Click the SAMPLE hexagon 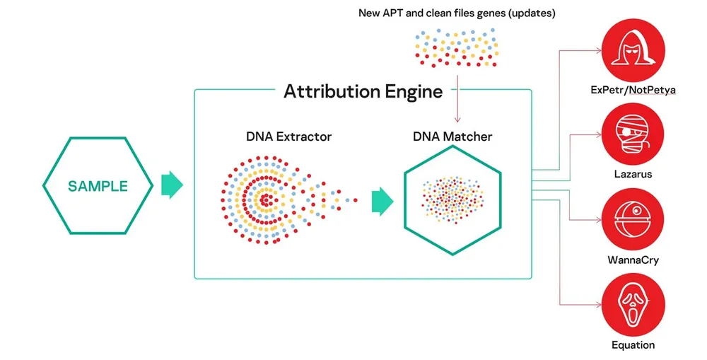pos(98,187)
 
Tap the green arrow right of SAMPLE pos(172,185)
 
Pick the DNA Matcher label pos(452,137)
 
